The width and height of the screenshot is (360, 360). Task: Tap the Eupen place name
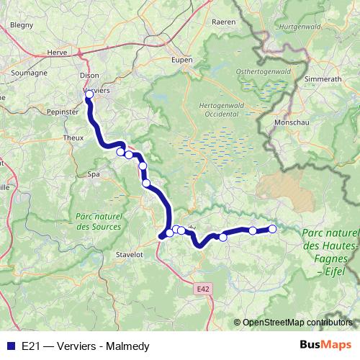click(x=182, y=60)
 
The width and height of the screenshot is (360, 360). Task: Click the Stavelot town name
click(x=130, y=255)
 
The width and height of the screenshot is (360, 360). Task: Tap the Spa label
click(x=94, y=174)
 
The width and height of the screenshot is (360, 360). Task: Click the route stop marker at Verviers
click(x=89, y=94)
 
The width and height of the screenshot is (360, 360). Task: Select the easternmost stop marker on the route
click(x=272, y=229)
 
